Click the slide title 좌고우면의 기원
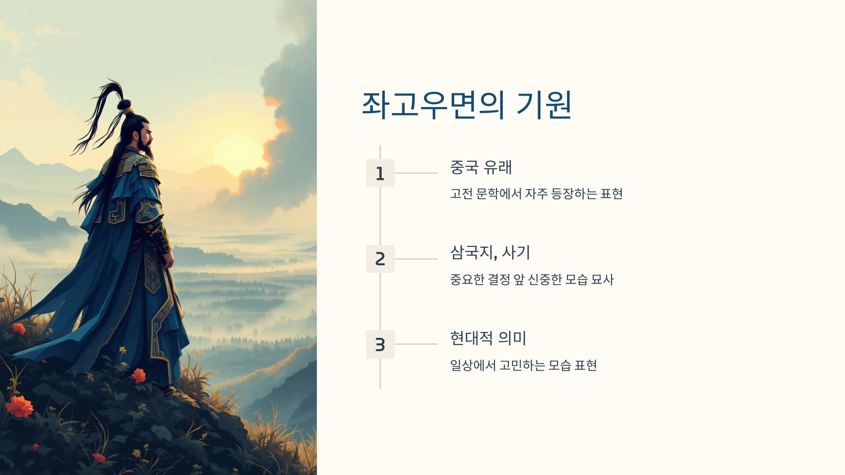(x=467, y=104)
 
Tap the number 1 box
(x=380, y=173)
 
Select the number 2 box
(x=380, y=259)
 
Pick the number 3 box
(x=380, y=344)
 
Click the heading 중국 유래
(x=481, y=167)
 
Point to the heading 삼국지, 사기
(x=490, y=253)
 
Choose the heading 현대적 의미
(x=488, y=338)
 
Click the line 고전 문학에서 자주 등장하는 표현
(x=536, y=194)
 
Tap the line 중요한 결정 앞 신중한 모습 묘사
(x=532, y=280)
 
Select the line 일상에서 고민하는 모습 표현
(x=523, y=366)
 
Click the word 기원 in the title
(x=544, y=104)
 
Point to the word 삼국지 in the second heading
(x=472, y=253)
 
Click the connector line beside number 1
(x=416, y=173)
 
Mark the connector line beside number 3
(x=416, y=344)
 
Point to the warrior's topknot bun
(x=124, y=104)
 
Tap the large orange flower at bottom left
(x=19, y=406)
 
